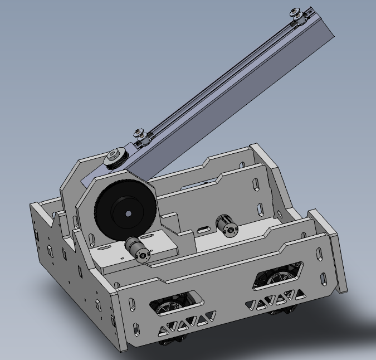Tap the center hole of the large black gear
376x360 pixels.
pos(128,213)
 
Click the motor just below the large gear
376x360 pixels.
pos(137,249)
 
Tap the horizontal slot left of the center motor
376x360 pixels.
pos(204,228)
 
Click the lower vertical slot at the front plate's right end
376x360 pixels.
pos(323,276)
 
